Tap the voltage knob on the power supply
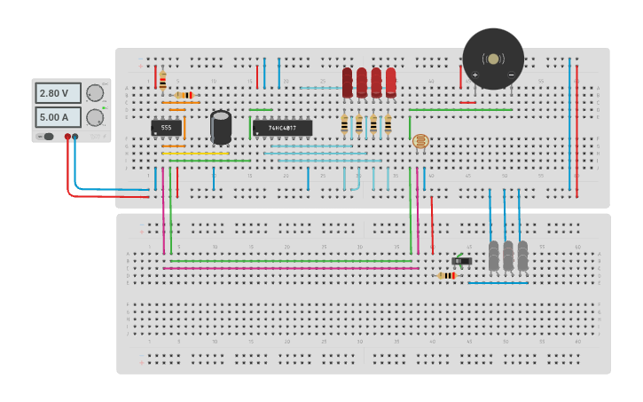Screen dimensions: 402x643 tap(94, 93)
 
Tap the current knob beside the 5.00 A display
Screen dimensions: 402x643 tap(94, 117)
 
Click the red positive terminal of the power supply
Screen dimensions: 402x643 tap(67, 137)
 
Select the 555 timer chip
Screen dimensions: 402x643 tap(166, 128)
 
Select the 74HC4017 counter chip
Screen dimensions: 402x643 tap(282, 128)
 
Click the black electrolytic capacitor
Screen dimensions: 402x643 tap(221, 127)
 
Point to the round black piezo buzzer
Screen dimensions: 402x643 tap(493, 59)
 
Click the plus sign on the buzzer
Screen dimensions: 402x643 tap(474, 75)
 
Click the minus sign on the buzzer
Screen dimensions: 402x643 tap(511, 75)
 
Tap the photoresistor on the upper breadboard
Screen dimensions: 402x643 tap(420, 141)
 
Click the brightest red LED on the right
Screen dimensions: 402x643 tap(390, 82)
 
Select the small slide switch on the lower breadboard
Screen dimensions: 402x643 tap(460, 261)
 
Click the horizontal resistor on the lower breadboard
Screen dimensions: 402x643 tap(447, 276)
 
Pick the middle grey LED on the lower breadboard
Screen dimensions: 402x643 tap(507, 256)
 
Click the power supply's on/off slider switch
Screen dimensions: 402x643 tap(47, 137)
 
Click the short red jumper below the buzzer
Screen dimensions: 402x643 tap(467, 102)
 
